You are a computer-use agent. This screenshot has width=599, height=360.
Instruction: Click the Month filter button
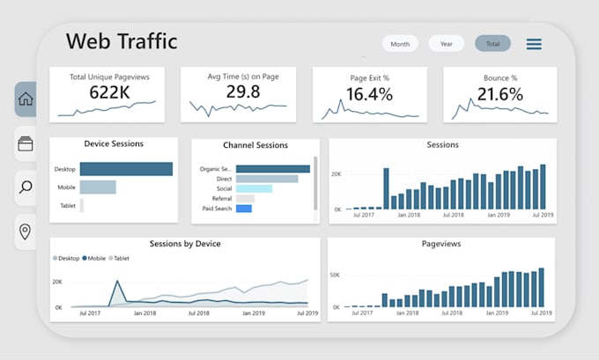tap(400, 44)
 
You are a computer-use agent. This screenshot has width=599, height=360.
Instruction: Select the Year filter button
tap(446, 44)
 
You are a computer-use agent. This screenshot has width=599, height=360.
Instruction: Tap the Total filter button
tap(492, 44)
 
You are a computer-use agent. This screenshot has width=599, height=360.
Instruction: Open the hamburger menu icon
tap(534, 44)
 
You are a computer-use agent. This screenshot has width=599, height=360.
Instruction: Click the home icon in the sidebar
tap(26, 99)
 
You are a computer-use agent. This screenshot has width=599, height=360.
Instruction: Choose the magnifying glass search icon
tap(26, 187)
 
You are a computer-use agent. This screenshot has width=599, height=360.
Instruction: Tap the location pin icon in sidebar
tap(26, 231)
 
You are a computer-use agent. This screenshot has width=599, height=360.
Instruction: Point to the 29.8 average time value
tap(242, 92)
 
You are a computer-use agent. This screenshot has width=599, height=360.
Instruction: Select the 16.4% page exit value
tap(369, 94)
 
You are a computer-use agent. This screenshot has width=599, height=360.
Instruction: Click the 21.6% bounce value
tap(499, 94)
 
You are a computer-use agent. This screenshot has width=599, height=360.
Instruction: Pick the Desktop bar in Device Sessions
tap(126, 169)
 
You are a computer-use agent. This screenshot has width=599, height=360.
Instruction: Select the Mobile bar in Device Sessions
tap(98, 187)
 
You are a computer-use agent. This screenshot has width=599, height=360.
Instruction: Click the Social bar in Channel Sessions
tap(254, 188)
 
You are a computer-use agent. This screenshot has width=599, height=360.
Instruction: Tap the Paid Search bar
tap(244, 209)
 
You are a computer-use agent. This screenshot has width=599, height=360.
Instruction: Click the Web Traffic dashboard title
tap(122, 41)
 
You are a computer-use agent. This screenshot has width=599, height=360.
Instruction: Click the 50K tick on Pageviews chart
tap(335, 276)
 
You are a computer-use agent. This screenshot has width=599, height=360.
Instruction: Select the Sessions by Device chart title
tap(185, 244)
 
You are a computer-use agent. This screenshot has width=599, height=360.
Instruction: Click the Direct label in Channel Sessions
tap(224, 179)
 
